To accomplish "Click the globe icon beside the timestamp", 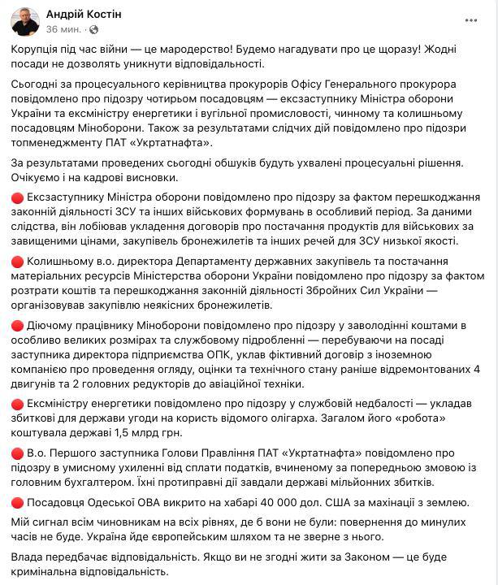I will pyautogui.click(x=93, y=29).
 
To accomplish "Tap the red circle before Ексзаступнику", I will pyautogui.click(x=18, y=197).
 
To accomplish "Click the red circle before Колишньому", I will pyautogui.click(x=18, y=262).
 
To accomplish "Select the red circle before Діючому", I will pyautogui.click(x=18, y=326).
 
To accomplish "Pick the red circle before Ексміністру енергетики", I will pyautogui.click(x=18, y=404).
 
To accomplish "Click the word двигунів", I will pyautogui.click(x=35, y=384).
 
